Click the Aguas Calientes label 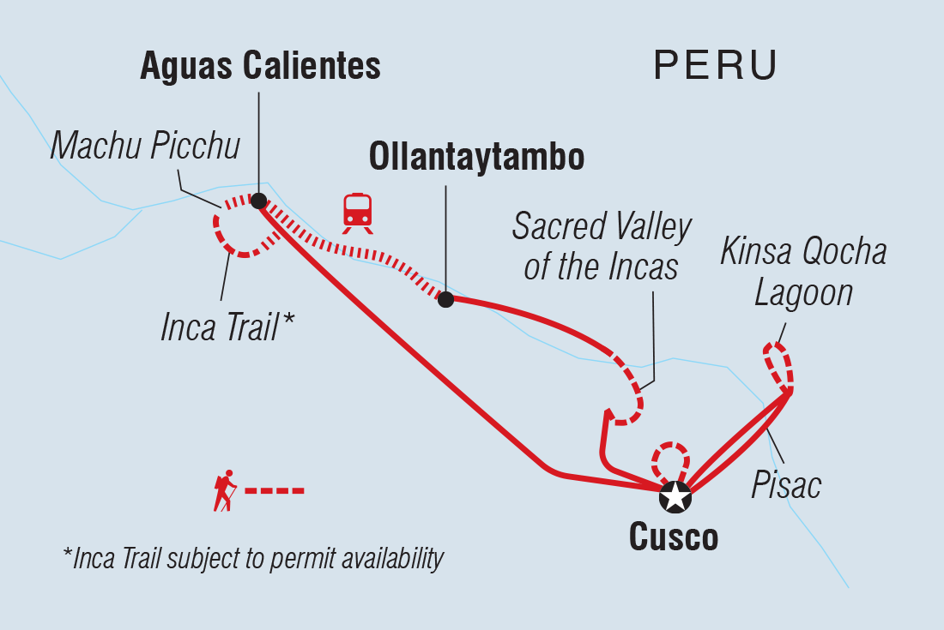tap(260, 66)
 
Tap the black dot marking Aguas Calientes tap(257, 201)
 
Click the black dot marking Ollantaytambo tap(445, 299)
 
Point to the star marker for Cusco tap(675, 496)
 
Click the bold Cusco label tap(674, 537)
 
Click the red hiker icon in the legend tap(225, 490)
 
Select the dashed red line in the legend tap(275, 491)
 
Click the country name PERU tap(716, 65)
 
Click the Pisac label tap(786, 485)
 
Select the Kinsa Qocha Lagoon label tap(803, 273)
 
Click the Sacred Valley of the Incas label tap(602, 247)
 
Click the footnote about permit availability tap(253, 559)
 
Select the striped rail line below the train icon tap(360, 250)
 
